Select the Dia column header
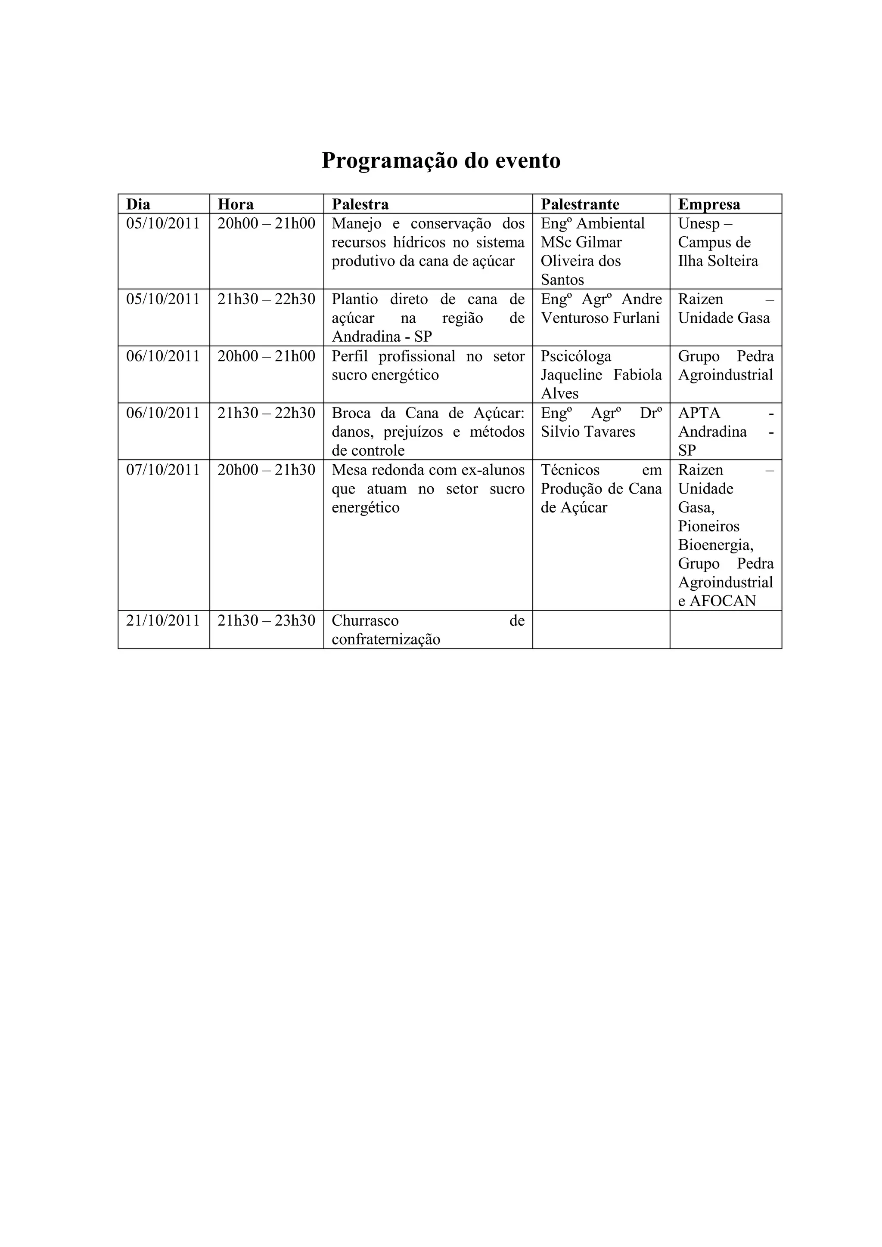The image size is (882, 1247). point(138,204)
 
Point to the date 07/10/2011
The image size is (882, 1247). point(163,470)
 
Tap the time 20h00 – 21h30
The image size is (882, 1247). point(266,470)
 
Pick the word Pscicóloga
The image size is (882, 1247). point(576,356)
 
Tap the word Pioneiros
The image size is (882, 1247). point(708,526)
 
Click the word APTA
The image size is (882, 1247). point(699,414)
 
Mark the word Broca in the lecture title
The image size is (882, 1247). point(351,414)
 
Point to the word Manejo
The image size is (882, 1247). point(357,224)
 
